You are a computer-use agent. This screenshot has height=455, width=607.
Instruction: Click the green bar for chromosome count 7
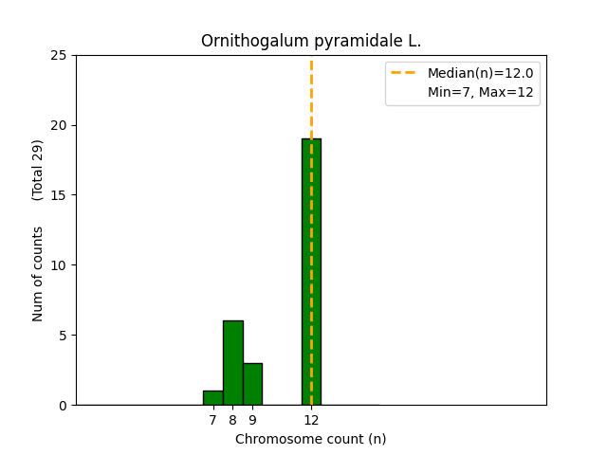coord(212,398)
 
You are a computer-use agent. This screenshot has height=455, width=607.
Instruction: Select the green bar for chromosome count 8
coord(232,363)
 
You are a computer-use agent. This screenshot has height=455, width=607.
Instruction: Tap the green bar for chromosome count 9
coord(252,384)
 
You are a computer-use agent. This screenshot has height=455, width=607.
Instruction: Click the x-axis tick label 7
coord(212,420)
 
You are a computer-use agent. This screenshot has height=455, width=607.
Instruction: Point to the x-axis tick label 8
coord(232,420)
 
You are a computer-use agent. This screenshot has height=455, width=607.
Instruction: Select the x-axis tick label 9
coord(252,420)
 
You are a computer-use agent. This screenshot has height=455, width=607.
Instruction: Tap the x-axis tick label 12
coord(311,420)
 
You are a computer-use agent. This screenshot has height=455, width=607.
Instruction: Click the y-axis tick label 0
coord(63,406)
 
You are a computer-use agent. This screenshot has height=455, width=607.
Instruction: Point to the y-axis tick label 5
coord(63,336)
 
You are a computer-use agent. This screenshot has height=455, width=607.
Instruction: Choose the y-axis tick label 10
coord(59,265)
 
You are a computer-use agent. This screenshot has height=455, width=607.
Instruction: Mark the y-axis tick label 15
coord(59,195)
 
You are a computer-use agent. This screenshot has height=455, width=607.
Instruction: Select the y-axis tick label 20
coord(59,125)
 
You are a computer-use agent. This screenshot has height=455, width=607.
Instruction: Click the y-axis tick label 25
coord(59,55)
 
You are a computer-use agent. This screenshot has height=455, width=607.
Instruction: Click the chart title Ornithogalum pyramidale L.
coord(311,42)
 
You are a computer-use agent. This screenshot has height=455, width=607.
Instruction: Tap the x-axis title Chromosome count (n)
coord(311,439)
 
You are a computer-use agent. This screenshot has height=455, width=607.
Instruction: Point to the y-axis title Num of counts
coord(38,273)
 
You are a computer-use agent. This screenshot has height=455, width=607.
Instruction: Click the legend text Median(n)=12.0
coord(480,73)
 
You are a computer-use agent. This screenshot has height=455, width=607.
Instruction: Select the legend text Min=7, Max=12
coord(479,92)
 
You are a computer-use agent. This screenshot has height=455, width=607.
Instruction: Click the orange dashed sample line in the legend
coord(405,73)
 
